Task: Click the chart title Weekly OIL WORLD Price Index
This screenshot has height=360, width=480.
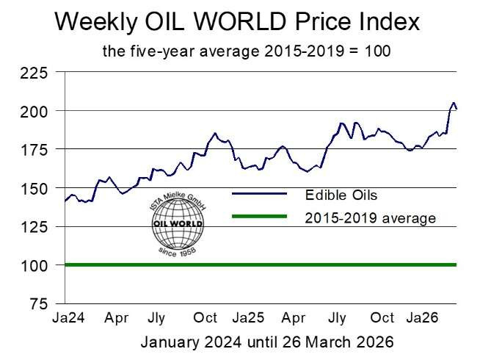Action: [x=237, y=21]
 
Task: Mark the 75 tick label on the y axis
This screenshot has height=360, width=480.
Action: [x=39, y=303]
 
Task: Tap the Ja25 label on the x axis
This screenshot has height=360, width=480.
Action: [x=248, y=319]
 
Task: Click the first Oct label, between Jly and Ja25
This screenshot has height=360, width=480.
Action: [x=204, y=319]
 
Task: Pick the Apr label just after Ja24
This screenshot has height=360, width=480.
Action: [x=117, y=319]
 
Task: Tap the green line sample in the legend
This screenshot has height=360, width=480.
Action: [x=258, y=217]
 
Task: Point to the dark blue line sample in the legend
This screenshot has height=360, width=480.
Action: [x=258, y=194]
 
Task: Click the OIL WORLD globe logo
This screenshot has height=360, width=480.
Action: [x=177, y=230]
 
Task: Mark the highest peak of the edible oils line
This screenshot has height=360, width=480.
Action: [x=454, y=103]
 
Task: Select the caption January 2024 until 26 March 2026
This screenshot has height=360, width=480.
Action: [x=267, y=342]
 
